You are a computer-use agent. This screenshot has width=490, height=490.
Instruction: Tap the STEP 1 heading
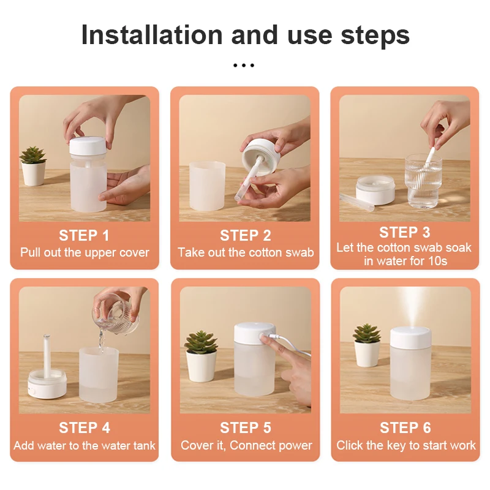point(84,235)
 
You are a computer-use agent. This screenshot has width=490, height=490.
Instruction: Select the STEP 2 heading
point(245,235)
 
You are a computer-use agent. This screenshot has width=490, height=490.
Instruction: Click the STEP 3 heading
point(404,232)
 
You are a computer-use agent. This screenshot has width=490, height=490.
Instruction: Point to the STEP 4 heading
point(85,428)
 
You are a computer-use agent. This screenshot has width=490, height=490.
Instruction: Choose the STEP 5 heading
point(245,428)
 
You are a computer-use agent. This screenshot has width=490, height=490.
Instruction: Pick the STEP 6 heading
point(405,428)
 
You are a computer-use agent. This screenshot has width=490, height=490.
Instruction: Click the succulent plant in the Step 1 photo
point(32,156)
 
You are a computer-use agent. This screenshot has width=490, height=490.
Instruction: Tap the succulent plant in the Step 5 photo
point(201,343)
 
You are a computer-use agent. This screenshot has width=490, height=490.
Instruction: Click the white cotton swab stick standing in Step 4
point(47,352)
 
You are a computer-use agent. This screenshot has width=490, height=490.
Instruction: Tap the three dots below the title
point(244,65)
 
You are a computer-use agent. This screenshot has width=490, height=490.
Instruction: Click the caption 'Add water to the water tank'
point(85,445)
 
